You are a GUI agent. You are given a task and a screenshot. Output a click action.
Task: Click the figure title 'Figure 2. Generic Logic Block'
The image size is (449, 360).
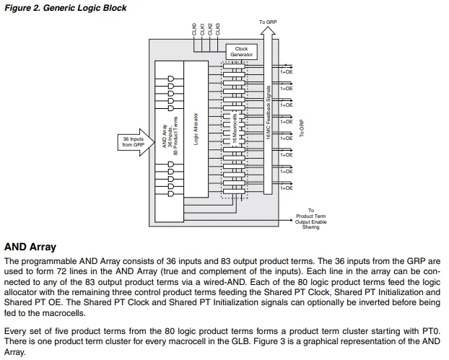(x=66, y=8)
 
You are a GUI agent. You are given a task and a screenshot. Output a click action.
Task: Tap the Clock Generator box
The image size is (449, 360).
(x=241, y=52)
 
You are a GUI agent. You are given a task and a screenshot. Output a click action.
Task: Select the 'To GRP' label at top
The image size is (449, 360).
(x=266, y=22)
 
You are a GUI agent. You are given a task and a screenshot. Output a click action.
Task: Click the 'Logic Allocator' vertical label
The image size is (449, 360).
(x=196, y=128)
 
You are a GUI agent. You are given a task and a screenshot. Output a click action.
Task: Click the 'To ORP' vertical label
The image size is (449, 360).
(x=302, y=128)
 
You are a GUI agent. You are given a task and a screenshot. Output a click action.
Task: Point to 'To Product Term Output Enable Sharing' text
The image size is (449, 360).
(x=310, y=219)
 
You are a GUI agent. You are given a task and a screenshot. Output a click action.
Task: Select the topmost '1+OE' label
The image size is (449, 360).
(x=286, y=72)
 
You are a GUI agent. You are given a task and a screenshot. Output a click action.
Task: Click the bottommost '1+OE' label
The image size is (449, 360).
(x=286, y=188)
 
